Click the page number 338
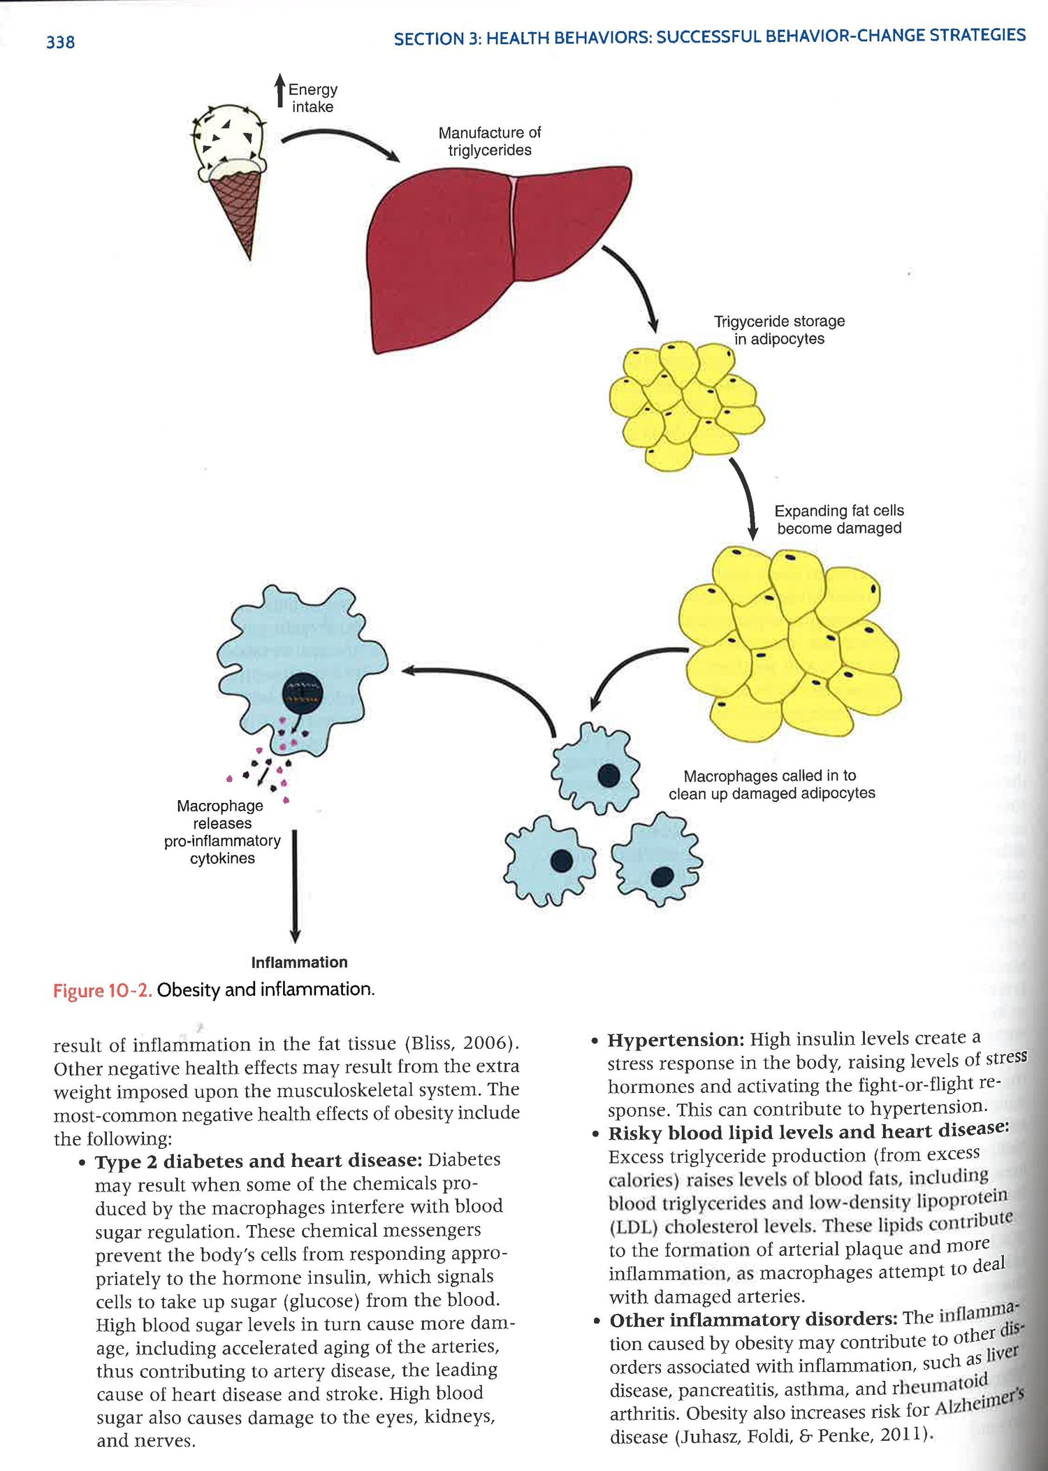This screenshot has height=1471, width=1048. pyautogui.click(x=60, y=43)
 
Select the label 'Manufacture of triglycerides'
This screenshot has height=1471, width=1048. pyautogui.click(x=489, y=141)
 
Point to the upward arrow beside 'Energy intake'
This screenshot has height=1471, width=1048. pyautogui.click(x=279, y=91)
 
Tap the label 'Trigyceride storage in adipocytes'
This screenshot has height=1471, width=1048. pyautogui.click(x=779, y=330)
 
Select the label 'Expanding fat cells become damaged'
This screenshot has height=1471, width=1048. pyautogui.click(x=838, y=519)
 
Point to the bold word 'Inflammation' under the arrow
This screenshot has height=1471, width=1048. pyautogui.click(x=299, y=962)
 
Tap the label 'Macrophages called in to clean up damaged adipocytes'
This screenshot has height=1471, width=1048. pyautogui.click(x=771, y=784)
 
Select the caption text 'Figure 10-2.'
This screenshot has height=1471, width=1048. pyautogui.click(x=102, y=991)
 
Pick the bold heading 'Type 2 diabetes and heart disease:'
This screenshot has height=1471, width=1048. pyautogui.click(x=259, y=1161)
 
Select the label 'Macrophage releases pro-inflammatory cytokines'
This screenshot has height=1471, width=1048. pyautogui.click(x=222, y=832)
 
